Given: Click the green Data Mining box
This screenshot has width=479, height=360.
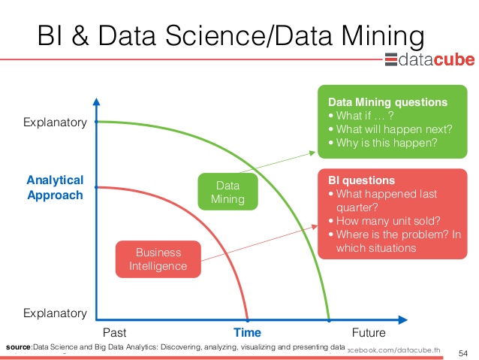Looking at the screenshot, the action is coord(228,192).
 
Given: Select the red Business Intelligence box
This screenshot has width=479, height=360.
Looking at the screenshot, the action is coord(158,259).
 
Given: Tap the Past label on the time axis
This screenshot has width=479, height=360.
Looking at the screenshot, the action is coord(115,332).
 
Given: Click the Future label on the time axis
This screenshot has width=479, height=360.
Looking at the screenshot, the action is coord(369,332).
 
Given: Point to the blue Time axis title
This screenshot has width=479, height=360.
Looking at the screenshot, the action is coord(247,332).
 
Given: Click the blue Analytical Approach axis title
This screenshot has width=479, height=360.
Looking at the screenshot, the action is coord(55,187).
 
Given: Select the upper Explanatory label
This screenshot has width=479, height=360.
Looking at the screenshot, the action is coord(55,123).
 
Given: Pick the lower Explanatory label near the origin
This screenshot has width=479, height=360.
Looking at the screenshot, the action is coord(55,313).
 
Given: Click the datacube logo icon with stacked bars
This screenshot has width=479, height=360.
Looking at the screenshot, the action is coord(391,59).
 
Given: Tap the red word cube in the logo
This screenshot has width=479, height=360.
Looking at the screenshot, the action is coord(454,59).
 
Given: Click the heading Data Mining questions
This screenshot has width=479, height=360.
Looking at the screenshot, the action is coord(387,102).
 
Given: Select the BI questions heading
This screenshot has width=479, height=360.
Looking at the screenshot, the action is coord(361,180).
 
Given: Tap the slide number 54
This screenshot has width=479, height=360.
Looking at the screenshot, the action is coord(463,353).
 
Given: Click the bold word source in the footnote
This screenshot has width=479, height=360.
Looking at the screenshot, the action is coord(18,347).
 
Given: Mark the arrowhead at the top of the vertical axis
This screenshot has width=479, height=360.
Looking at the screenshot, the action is coord(97,102).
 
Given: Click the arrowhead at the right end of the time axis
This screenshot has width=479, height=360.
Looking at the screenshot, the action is coord(403,320).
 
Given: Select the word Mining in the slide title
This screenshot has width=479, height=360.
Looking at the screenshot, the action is coord(383,36).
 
